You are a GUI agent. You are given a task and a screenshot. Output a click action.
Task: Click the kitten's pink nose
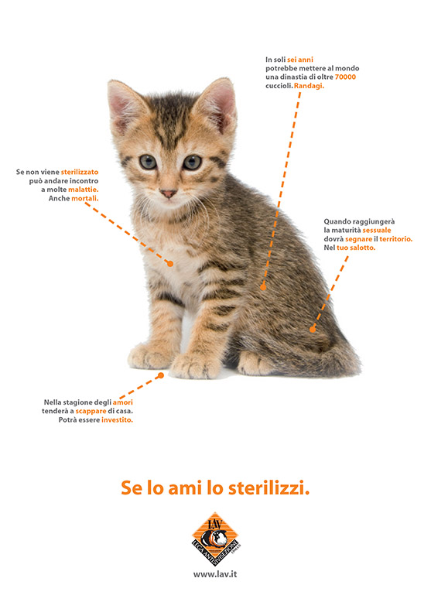point(168,193)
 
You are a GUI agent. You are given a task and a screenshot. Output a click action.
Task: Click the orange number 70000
point(345,77)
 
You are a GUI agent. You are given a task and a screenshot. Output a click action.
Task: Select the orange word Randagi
point(309,86)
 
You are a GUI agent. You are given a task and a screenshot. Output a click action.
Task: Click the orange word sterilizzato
point(80,172)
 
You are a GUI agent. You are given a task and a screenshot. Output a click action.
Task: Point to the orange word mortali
point(85,198)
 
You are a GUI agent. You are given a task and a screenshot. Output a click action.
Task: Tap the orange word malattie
point(83,190)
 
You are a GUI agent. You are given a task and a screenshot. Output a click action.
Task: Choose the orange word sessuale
point(377,231)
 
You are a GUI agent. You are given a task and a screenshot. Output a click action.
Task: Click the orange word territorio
point(395,239)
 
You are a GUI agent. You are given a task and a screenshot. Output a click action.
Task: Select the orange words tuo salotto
point(356,248)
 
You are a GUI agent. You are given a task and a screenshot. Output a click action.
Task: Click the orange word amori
point(123,402)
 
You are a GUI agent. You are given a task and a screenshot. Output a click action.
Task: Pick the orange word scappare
point(91,412)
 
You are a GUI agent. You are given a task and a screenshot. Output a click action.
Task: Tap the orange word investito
point(117,420)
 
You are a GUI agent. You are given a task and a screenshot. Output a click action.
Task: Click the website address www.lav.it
point(215,574)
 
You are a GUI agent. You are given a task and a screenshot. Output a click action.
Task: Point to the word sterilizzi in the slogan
point(269,488)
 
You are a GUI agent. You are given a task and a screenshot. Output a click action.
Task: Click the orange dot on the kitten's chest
point(170,264)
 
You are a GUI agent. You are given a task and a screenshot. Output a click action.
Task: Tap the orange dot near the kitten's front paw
point(161,375)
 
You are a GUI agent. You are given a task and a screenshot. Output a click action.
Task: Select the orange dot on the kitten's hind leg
point(313,330)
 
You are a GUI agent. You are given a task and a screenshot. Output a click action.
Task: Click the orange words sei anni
point(300,60)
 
